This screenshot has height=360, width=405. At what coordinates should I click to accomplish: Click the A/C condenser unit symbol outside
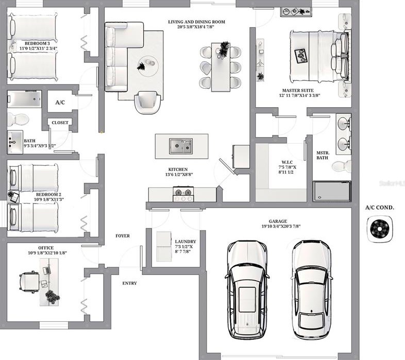coord(380,229)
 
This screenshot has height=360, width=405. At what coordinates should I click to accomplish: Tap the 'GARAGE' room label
coord(278,221)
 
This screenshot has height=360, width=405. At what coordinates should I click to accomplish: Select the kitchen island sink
coord(181,146)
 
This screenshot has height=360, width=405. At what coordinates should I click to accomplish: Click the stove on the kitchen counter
coord(183,194)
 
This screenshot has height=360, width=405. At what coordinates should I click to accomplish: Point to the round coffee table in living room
coord(148,65)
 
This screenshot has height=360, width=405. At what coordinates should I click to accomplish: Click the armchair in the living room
coord(147,102)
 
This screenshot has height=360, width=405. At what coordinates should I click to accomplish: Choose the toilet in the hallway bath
coord(18,119)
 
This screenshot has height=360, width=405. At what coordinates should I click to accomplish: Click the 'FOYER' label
coord(123,236)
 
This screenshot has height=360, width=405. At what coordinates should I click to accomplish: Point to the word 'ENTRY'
coord(129,283)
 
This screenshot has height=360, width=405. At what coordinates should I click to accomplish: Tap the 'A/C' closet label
coord(60,102)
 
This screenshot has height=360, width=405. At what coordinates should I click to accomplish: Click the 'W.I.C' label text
coord(287,162)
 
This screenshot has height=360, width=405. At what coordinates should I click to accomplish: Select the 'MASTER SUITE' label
coord(298,91)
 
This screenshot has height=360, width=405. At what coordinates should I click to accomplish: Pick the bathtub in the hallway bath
coord(24,99)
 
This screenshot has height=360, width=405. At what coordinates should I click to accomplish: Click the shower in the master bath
coord(332,192)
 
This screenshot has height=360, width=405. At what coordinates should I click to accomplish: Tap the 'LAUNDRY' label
coord(185,242)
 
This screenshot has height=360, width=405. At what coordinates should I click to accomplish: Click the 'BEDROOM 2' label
coord(48,195)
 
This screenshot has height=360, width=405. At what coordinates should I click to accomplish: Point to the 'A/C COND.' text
coord(380,208)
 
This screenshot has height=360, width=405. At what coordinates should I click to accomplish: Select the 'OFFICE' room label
coord(46,248)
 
